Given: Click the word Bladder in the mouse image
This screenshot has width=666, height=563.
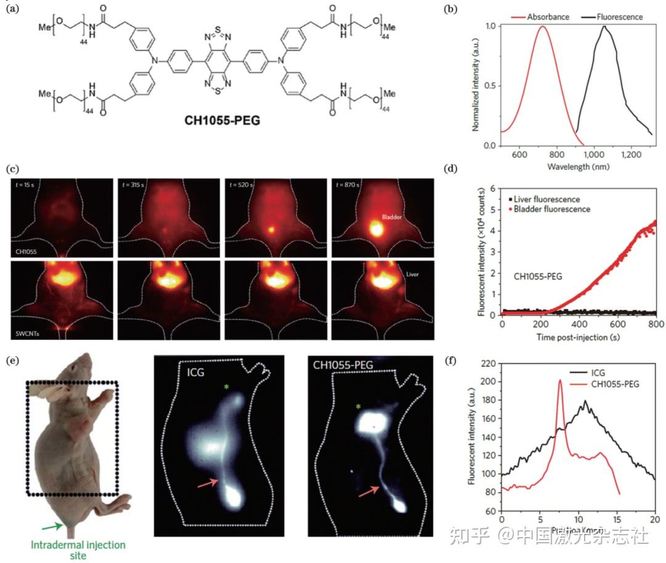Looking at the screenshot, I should (392, 217).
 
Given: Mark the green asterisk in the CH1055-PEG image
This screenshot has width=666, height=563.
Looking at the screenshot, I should (358, 407).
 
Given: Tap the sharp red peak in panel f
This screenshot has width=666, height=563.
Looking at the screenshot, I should (560, 382).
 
